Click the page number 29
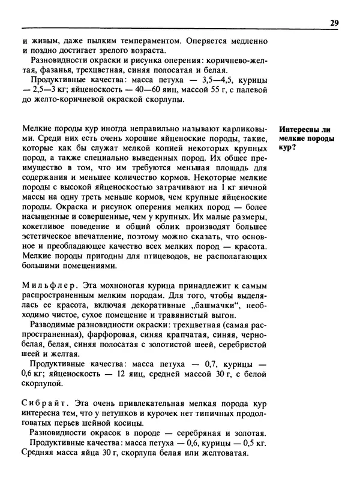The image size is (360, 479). point(334,23)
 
